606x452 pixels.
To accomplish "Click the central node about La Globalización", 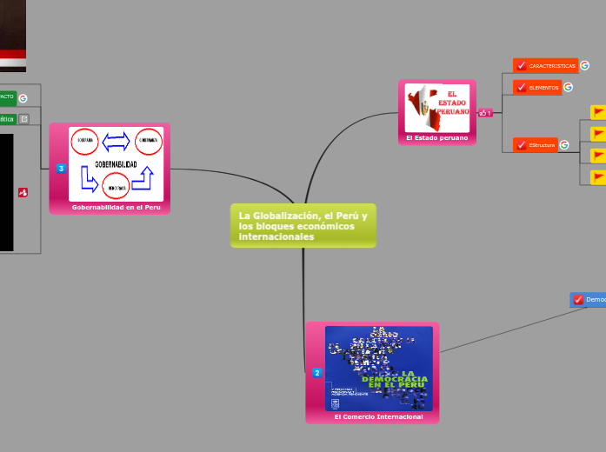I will [303, 226].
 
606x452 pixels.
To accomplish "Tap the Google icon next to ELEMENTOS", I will [568, 87].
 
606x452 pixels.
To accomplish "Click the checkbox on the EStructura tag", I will [520, 145].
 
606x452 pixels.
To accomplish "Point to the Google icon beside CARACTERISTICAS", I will [584, 65].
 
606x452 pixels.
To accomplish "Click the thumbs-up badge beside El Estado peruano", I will [485, 112].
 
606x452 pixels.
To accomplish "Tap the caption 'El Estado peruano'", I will [436, 137].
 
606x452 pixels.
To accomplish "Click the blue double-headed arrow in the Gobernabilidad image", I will [117, 141].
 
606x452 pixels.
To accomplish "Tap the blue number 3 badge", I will [61, 168].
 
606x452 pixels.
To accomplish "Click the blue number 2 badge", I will [316, 373].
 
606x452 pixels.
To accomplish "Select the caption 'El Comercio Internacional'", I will [378, 417].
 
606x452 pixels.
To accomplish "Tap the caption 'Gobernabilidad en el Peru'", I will [116, 207].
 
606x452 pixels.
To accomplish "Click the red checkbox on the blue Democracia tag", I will [578, 299].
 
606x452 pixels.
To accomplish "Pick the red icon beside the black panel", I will [23, 192].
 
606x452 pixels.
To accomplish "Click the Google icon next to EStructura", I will [564, 145].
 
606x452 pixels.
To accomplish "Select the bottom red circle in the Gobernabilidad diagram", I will [117, 186].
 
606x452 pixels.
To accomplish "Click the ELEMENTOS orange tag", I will [543, 87].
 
